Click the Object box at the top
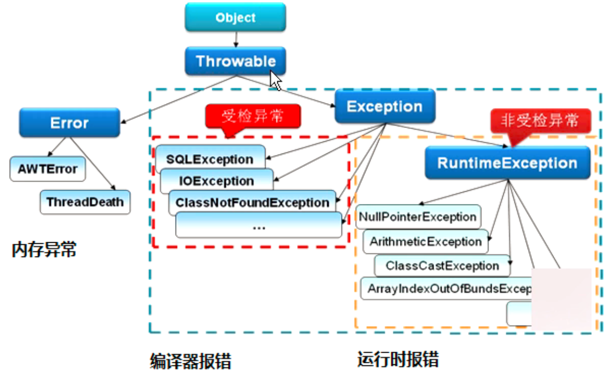point(235,18)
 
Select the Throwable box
point(235,61)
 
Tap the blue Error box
point(69,123)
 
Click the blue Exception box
point(384,107)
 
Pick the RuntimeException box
point(507,163)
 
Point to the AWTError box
point(47,169)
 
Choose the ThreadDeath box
point(85,202)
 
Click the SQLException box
point(210,159)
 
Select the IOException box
point(216,181)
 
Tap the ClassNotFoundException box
point(252,203)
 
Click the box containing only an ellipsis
point(259,225)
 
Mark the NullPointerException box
point(418,217)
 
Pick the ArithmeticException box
point(425,242)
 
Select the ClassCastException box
point(442,266)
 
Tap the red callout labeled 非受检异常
point(540,121)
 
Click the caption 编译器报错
point(190,361)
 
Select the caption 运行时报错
point(398,360)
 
